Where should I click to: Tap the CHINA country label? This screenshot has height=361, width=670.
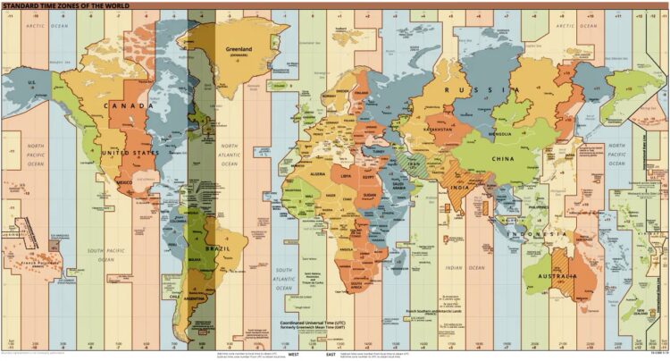pos(503,159)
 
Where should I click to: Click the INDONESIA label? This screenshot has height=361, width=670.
pos(532,233)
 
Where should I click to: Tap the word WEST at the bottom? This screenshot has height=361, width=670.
pos(293,355)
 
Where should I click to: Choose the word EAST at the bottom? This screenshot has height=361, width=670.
pos(331,355)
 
